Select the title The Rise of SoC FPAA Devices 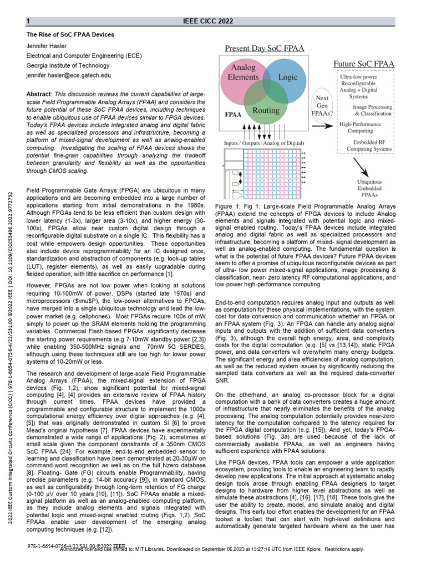coord(70,34)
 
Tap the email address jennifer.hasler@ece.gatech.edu coord(69,75)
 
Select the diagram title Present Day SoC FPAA coord(264,49)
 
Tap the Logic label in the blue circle coord(287,78)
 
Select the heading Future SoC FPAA coord(363,64)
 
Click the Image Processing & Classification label coord(373,110)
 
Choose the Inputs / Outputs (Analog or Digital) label coord(261,142)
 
